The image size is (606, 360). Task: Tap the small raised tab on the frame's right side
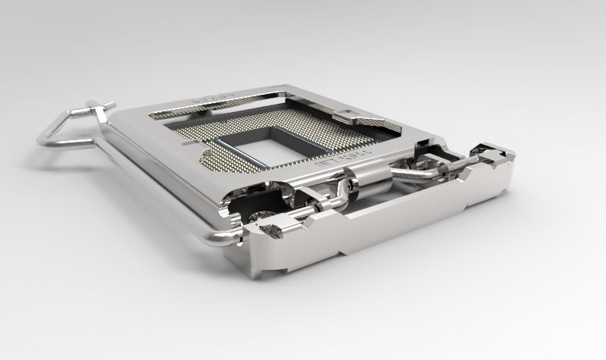coord(353,117)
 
